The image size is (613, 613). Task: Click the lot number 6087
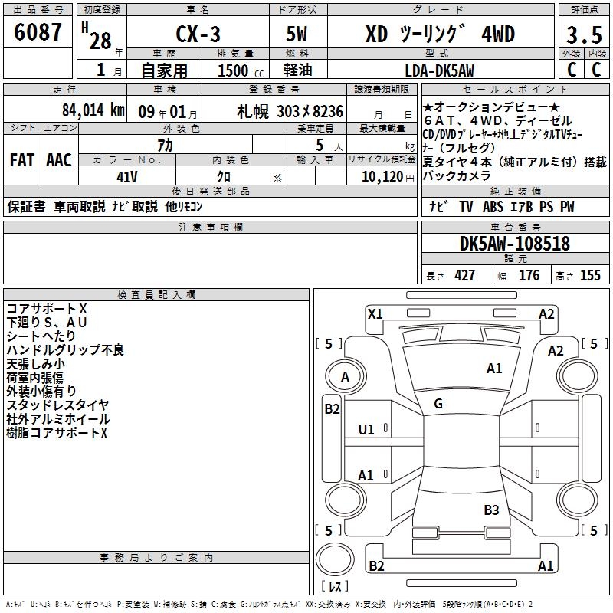click(x=38, y=31)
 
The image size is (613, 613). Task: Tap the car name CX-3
click(x=198, y=34)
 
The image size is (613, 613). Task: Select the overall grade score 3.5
click(x=584, y=34)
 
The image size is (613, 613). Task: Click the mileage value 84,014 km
click(x=93, y=110)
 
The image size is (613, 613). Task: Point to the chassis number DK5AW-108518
click(x=515, y=243)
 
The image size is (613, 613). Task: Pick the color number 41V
click(x=127, y=177)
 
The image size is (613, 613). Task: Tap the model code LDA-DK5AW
click(x=439, y=70)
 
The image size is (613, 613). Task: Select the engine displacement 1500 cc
click(x=241, y=70)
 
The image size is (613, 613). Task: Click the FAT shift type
click(x=22, y=160)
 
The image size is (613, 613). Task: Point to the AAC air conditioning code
click(x=59, y=160)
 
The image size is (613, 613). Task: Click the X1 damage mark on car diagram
click(x=375, y=314)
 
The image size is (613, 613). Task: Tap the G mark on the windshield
click(x=438, y=404)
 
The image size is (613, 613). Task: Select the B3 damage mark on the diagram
click(x=491, y=510)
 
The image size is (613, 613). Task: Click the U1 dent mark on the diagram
click(x=366, y=430)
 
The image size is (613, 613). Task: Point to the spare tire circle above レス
click(x=335, y=559)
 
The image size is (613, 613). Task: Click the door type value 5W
click(x=297, y=34)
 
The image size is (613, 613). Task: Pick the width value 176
click(x=529, y=275)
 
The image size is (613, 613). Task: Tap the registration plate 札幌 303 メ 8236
click(x=290, y=111)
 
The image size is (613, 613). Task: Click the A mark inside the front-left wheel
click(x=345, y=377)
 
